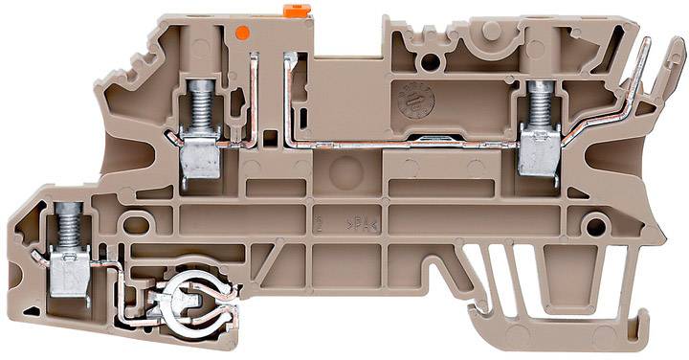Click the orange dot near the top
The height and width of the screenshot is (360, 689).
242,33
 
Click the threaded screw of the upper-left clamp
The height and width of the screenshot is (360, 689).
200,107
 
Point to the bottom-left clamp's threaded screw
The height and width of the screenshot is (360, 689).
67,229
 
